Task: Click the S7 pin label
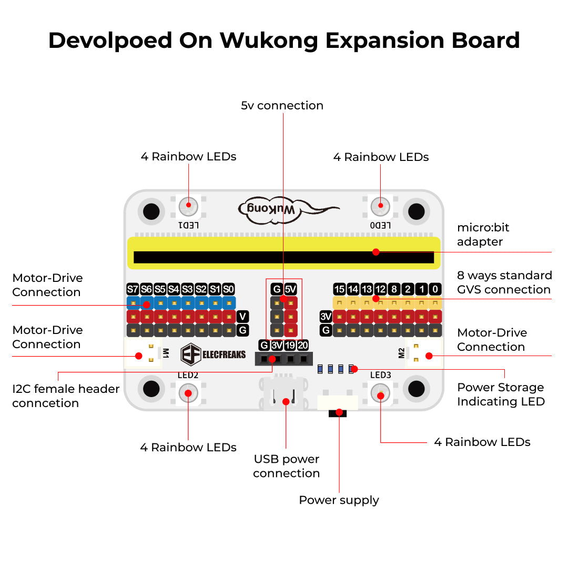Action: click(133, 289)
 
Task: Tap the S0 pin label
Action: click(228, 289)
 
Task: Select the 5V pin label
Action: click(290, 289)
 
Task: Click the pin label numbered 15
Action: click(339, 289)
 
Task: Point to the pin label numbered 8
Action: click(394, 289)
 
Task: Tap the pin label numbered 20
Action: click(303, 345)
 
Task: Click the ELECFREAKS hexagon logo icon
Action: click(190, 354)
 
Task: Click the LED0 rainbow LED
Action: click(380, 206)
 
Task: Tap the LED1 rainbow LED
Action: click(188, 206)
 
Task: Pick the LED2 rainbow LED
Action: click(188, 393)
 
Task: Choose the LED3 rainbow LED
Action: click(380, 393)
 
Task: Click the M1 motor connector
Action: click(143, 353)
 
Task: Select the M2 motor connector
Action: click(424, 353)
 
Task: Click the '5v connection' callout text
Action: click(282, 105)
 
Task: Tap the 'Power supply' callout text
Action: click(339, 500)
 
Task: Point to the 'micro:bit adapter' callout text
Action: click(483, 235)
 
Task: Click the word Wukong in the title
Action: click(269, 40)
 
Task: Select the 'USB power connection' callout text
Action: click(287, 466)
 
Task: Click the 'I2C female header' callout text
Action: click(66, 389)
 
